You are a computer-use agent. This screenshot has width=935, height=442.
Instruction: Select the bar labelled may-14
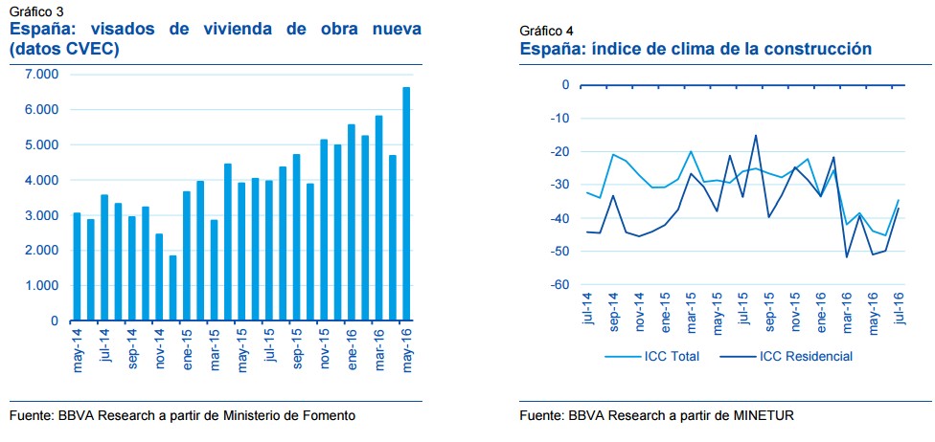tap(77, 267)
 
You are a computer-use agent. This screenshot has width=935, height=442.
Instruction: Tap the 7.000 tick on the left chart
tap(41, 75)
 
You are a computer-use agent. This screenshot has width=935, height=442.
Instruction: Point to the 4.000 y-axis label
tap(41, 180)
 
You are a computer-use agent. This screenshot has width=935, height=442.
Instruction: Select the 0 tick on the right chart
tap(565, 85)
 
